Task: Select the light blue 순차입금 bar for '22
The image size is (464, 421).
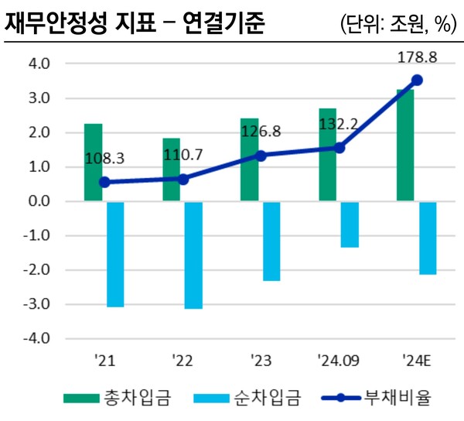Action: coord(193,255)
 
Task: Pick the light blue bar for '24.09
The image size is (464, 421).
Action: coord(349,224)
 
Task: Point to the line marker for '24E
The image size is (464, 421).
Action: coord(417,80)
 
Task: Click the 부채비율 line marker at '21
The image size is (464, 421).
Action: coord(104,183)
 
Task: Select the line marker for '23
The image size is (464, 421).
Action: coord(261,156)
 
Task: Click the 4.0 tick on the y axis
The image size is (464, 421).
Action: coord(39,64)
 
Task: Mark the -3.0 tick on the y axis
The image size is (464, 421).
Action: coord(38,305)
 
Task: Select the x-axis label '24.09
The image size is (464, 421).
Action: coord(338,360)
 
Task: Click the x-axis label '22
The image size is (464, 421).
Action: coord(183,360)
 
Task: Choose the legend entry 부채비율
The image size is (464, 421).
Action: coord(390,399)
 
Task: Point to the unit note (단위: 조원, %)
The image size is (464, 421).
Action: coord(395,24)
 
